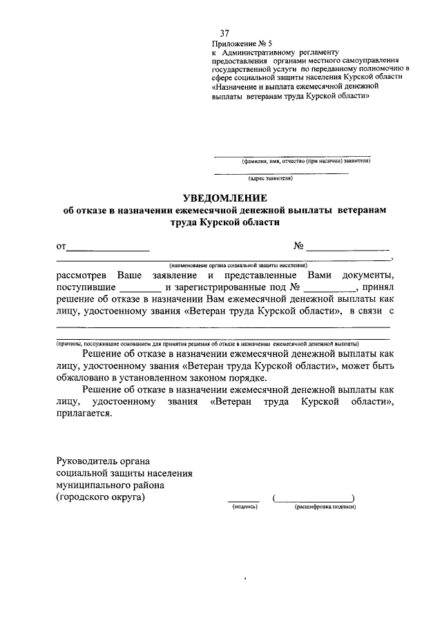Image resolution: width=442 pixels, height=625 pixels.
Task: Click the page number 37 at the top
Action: click(x=224, y=33)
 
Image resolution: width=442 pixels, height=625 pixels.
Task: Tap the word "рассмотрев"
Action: click(x=81, y=274)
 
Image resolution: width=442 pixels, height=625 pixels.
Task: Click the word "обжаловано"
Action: click(x=86, y=378)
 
